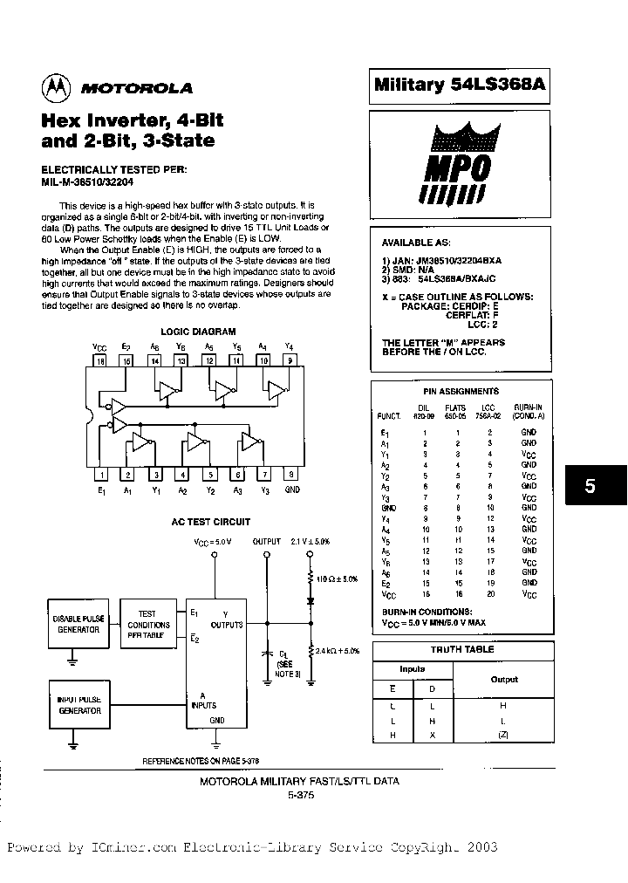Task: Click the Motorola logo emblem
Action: click(x=55, y=87)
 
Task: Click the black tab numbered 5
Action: click(x=590, y=486)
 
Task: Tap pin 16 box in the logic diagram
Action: click(x=99, y=359)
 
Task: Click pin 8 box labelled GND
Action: click(x=290, y=475)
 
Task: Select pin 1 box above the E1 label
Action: click(x=102, y=475)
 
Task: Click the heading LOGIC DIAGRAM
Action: click(x=198, y=332)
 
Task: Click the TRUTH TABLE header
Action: click(x=461, y=650)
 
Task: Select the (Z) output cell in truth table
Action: click(x=503, y=735)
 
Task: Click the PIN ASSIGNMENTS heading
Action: click(x=461, y=392)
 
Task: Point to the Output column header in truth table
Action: click(x=503, y=679)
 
